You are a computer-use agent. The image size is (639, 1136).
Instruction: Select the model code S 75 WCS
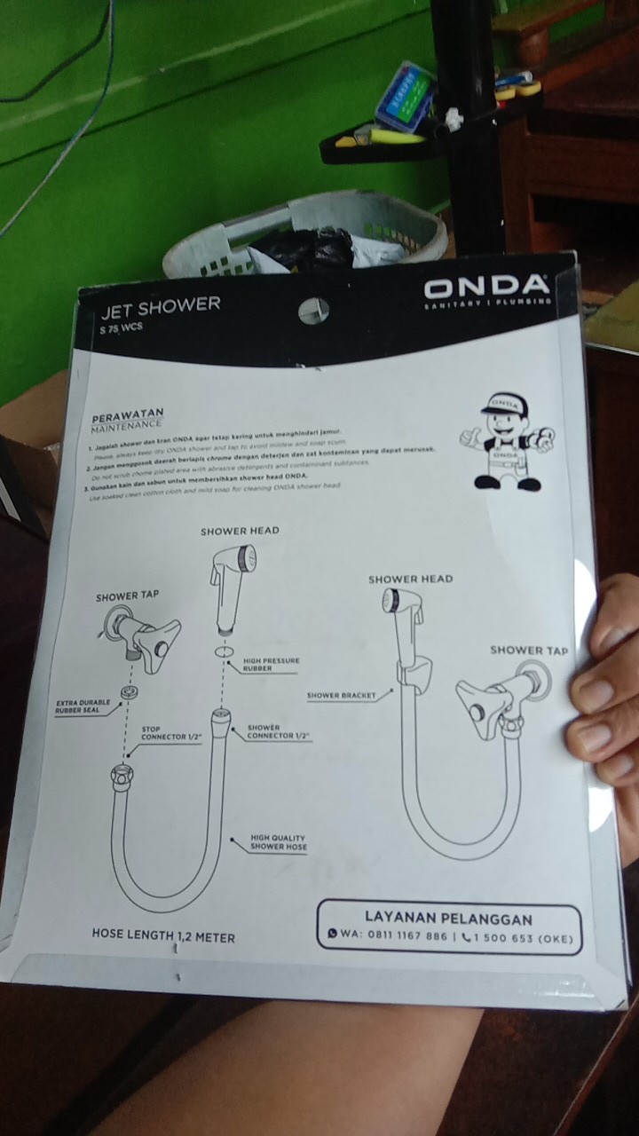pyautogui.click(x=122, y=327)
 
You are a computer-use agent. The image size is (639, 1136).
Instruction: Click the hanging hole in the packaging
pyautogui.click(x=313, y=310)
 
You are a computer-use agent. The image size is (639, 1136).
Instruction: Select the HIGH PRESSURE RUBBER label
pyautogui.click(x=271, y=665)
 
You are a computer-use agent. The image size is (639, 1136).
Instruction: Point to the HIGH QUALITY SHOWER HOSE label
pyautogui.click(x=279, y=842)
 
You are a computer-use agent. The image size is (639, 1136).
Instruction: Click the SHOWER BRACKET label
pyautogui.click(x=341, y=695)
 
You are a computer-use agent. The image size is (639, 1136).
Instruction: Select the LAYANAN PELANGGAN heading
pyautogui.click(x=448, y=919)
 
